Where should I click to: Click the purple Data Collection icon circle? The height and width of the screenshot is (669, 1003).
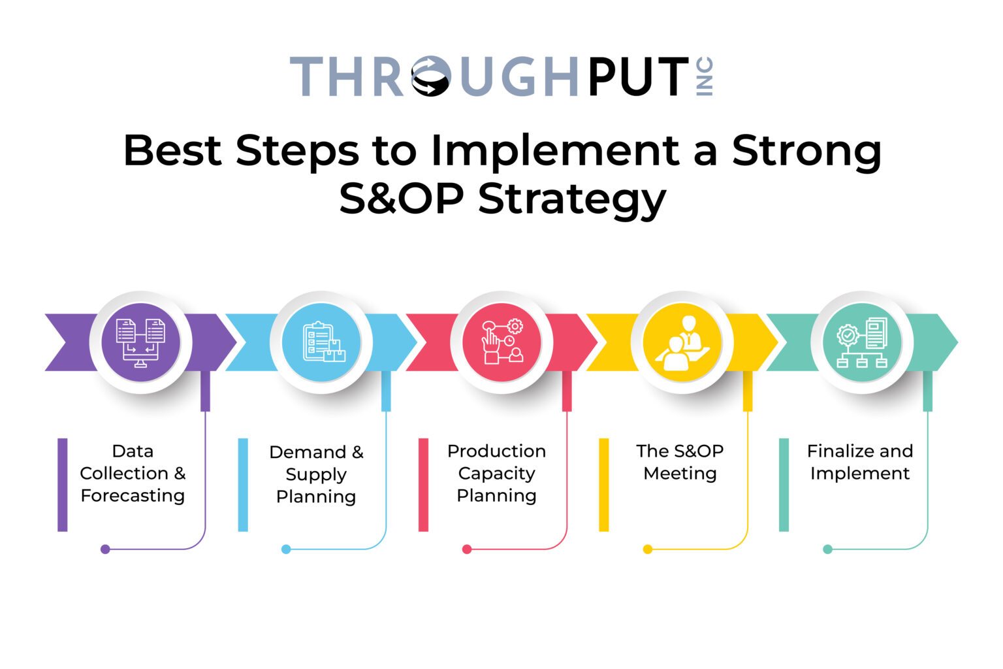coord(140,342)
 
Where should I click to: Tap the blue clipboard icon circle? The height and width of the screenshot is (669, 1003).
coord(321,342)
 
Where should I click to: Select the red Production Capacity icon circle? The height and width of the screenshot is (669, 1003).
coord(501,342)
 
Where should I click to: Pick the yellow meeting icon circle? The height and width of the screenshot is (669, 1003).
coord(682,342)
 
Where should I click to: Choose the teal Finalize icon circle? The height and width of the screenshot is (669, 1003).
coord(862,342)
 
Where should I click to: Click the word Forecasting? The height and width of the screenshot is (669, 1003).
coord(133,495)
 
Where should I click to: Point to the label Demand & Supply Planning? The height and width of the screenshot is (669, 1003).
coord(316,474)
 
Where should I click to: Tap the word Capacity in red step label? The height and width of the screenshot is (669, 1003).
coord(496,473)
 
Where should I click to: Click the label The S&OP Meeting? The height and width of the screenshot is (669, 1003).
coord(680,462)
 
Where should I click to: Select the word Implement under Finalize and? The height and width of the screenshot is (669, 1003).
coord(859,474)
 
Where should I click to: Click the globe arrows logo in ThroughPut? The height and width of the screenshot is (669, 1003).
coord(431,76)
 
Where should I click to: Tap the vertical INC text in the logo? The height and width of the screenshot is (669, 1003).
coord(705,76)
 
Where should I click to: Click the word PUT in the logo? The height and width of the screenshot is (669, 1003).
coord(638,76)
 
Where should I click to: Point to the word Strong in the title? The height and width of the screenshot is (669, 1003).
coord(806,151)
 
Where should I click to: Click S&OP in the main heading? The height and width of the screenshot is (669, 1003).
coord(401,199)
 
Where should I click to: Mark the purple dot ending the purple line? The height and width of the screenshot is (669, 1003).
coord(105,549)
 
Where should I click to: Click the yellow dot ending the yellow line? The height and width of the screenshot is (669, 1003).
coord(647,549)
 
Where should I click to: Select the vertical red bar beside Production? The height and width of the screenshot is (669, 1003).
coord(423,484)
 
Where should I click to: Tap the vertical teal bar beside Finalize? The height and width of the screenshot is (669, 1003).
coord(784,484)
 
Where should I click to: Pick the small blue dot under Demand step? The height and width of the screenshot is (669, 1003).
coord(286,549)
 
